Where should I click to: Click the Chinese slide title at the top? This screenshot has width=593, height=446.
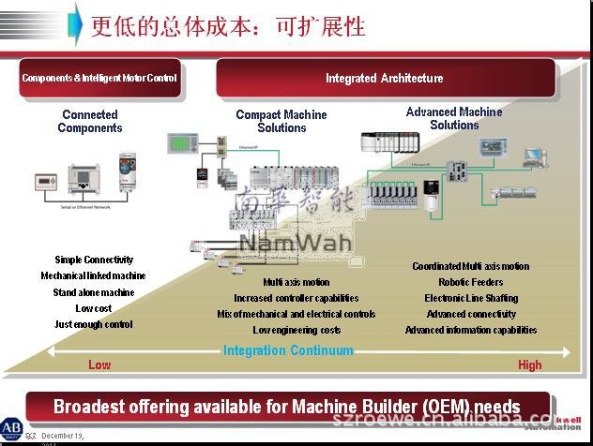click(228, 25)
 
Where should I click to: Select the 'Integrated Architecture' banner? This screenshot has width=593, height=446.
click(384, 79)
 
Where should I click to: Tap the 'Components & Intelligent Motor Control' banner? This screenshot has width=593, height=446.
click(99, 79)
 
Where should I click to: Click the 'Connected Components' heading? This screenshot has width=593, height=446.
click(90, 122)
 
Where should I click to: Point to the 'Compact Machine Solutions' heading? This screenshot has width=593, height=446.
click(281, 122)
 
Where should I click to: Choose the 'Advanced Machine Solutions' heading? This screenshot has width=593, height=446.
click(454, 119)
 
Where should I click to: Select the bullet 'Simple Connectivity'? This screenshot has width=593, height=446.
click(94, 260)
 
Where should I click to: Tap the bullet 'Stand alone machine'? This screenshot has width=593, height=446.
click(94, 292)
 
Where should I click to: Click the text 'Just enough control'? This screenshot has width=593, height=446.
click(94, 324)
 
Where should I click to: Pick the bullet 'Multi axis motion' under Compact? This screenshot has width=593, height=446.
click(296, 282)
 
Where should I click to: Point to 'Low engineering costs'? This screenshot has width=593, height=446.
click(296, 330)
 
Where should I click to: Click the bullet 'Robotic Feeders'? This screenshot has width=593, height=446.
click(470, 282)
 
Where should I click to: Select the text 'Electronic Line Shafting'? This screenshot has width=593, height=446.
click(470, 298)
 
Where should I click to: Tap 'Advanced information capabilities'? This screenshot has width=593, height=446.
click(470, 330)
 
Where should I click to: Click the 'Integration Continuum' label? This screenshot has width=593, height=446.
click(288, 351)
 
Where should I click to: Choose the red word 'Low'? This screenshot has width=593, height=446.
click(99, 364)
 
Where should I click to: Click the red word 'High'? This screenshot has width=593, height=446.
click(529, 364)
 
